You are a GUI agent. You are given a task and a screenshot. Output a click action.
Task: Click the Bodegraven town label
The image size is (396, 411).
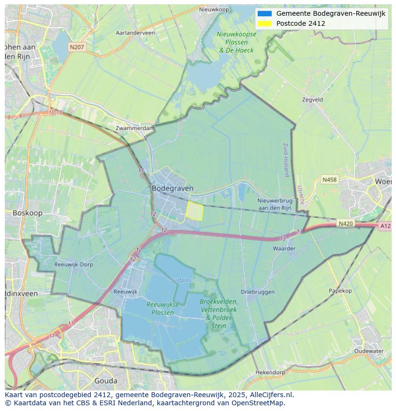tap(173, 188)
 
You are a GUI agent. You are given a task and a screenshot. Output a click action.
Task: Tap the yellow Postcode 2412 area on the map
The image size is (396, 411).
tap(194, 211)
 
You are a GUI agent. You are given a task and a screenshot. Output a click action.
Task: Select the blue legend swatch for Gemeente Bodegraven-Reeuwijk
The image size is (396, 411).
tap(264, 13)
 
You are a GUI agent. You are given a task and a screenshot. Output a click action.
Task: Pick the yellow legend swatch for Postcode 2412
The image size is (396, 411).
tap(264, 23)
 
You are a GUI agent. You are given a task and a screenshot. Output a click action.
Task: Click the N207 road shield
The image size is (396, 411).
tap(76, 47)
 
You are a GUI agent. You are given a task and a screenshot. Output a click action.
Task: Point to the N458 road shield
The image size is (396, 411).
tap(329, 179)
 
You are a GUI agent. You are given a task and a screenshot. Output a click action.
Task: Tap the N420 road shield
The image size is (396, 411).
tap(345, 223)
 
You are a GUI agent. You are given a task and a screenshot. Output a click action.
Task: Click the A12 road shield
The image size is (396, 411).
tap(385, 226)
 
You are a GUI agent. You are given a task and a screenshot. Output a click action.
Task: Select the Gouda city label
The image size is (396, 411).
tap(106, 380)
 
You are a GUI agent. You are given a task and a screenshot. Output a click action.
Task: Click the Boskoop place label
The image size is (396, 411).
tap(27, 213)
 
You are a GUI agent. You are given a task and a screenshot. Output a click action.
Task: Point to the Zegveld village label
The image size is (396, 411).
tap(313, 100)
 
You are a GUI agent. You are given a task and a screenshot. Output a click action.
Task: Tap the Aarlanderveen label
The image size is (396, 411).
tap(135, 33)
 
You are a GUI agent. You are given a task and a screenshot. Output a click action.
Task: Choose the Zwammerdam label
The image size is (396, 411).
tap(135, 128)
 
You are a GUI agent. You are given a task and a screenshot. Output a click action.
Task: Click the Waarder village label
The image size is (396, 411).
tap(284, 248)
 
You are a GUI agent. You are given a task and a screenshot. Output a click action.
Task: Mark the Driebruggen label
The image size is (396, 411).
tap(258, 292)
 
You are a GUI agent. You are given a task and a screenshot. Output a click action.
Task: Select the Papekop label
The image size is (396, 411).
tap(340, 291)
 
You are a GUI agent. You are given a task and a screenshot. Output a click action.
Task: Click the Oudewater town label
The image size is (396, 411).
tap(369, 351)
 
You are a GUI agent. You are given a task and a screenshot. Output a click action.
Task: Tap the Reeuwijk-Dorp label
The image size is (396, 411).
tap(74, 264)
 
